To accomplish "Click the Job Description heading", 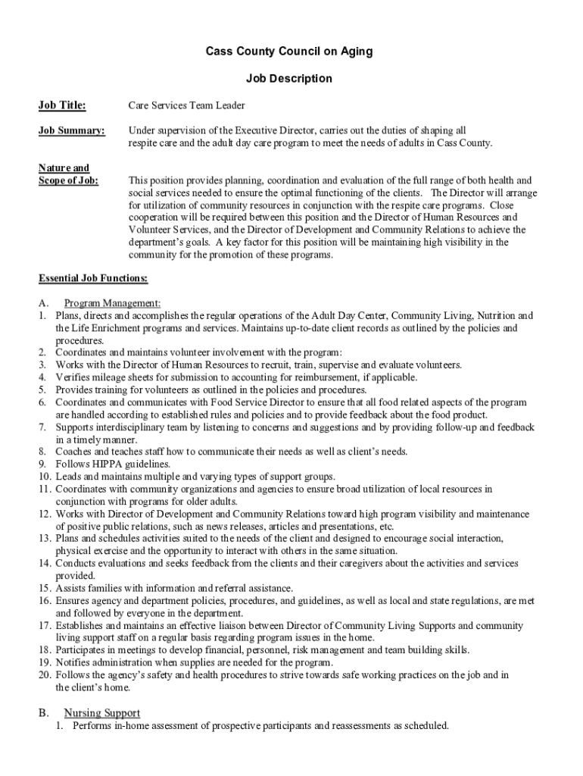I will point(289,78).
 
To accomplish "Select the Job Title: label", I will point(62,105).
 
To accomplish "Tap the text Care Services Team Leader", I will point(186,105).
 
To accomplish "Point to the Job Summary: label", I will point(72,130).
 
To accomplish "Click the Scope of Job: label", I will point(68,180).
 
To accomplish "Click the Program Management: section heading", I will point(112,303).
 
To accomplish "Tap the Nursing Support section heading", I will point(101,713).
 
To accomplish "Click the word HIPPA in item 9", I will point(105,464).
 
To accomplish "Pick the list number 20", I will point(44,674).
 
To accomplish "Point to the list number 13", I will point(44,537).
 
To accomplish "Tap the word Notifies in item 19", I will point(73,662).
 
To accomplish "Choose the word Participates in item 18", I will point(80,650).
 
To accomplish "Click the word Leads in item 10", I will point(68,477).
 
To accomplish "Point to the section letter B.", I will point(43,713).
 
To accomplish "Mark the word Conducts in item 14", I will point(76,563).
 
